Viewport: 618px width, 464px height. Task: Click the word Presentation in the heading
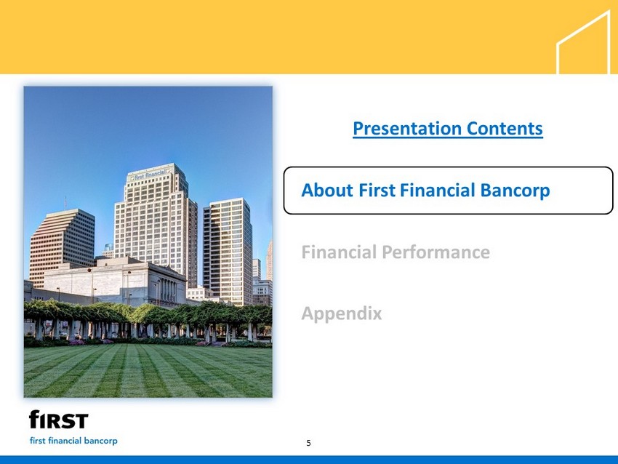coord(406,129)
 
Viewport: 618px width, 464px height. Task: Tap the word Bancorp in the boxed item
coord(515,191)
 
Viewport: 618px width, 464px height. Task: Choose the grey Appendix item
coord(342,314)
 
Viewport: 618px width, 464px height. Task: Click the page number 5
coord(308,443)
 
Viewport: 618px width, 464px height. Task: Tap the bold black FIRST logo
coord(59,420)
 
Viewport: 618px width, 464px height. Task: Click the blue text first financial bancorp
coord(73,441)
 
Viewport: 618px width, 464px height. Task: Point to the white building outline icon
coord(584,42)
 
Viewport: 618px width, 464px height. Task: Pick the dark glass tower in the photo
coord(228,252)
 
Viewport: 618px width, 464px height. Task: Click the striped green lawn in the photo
coord(148,371)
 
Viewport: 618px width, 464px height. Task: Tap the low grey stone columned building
coord(114,282)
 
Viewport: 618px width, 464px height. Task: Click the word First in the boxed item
coord(377,190)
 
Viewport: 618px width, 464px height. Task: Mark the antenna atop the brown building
coord(65,203)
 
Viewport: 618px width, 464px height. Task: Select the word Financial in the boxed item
coord(438,190)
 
